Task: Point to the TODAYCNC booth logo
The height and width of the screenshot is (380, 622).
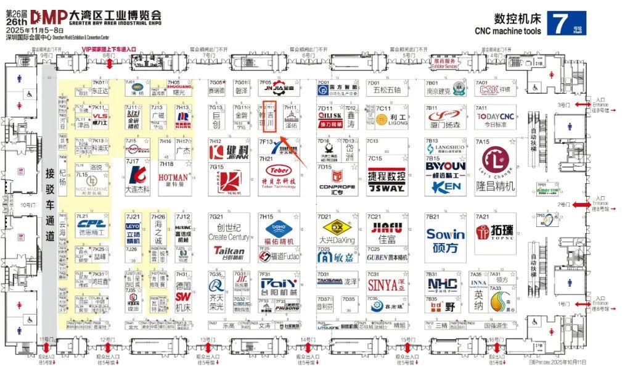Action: tap(494, 117)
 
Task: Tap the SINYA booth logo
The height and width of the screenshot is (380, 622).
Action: tap(383, 285)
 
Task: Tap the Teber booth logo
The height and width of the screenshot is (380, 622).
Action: tap(280, 170)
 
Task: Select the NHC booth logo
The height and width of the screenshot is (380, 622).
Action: tap(443, 284)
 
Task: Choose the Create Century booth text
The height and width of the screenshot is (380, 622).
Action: tap(228, 237)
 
